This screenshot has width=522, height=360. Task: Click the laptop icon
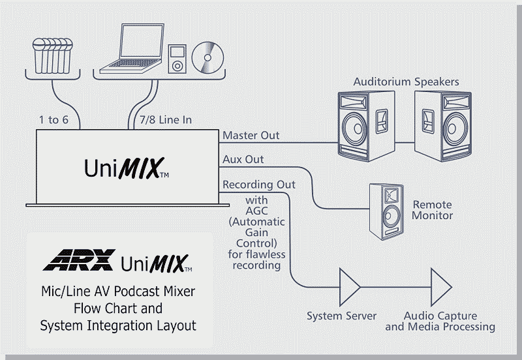tap(133, 48)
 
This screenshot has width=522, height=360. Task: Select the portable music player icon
tap(176, 59)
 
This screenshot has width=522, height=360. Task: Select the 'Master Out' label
tap(251, 136)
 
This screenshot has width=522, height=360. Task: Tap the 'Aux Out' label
tap(243, 159)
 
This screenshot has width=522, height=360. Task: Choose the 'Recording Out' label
tap(259, 185)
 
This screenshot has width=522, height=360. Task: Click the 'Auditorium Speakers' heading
tap(406, 82)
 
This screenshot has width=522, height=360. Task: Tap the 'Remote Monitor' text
tap(432, 210)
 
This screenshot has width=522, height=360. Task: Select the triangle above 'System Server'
tap(350, 285)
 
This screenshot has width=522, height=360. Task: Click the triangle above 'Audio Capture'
tap(441, 285)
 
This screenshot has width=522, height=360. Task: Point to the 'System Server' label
tap(341, 316)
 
